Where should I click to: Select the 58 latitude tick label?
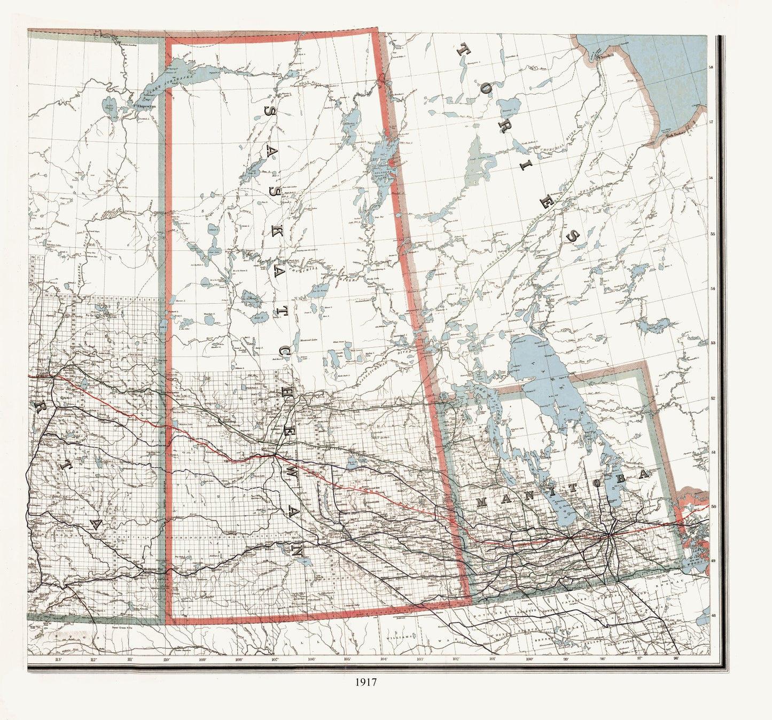(711, 67)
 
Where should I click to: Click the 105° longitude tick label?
(347, 660)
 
